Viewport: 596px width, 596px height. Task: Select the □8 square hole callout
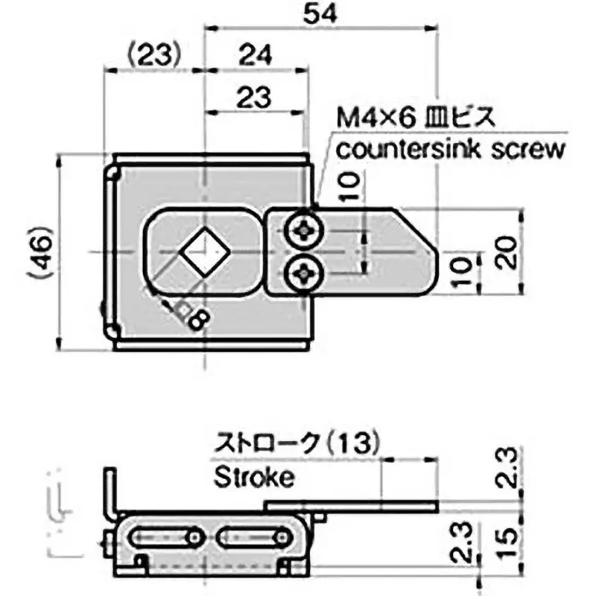[x=192, y=317]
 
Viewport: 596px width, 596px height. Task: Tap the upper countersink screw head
[x=306, y=231]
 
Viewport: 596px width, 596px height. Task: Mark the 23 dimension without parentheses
[x=256, y=97]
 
